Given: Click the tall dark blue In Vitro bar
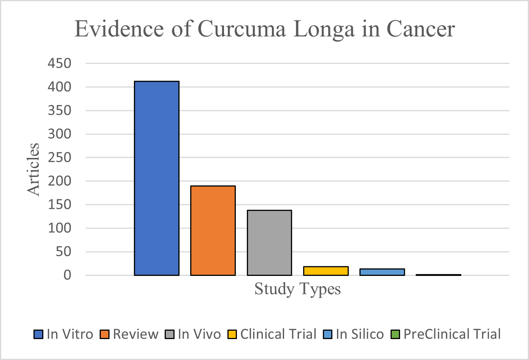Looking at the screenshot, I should [x=157, y=178].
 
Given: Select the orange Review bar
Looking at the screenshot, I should [x=213, y=231].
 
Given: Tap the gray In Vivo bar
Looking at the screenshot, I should [x=269, y=243].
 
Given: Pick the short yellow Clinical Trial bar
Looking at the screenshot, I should [x=326, y=271].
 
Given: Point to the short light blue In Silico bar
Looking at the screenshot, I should [x=382, y=272].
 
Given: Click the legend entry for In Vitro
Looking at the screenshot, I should [x=64, y=334].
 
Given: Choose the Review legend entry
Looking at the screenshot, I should [x=129, y=334].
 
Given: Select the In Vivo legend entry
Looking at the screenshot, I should [x=193, y=334].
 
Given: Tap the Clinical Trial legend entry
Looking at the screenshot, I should [x=272, y=334].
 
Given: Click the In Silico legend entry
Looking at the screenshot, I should [x=354, y=334].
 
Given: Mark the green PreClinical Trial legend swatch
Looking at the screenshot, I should [x=396, y=335].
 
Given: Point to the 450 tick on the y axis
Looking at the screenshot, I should [x=59, y=64].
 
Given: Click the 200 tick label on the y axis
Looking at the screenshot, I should [x=59, y=181].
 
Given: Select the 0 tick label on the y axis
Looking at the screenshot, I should [x=67, y=275].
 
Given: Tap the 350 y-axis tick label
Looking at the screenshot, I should [x=59, y=111].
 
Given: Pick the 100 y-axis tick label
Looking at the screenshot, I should [x=59, y=228].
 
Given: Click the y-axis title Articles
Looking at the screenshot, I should [x=33, y=169].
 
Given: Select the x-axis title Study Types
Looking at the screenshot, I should [x=297, y=289].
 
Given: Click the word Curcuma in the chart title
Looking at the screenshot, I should [x=241, y=29].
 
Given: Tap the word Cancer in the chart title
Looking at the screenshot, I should [x=421, y=29].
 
